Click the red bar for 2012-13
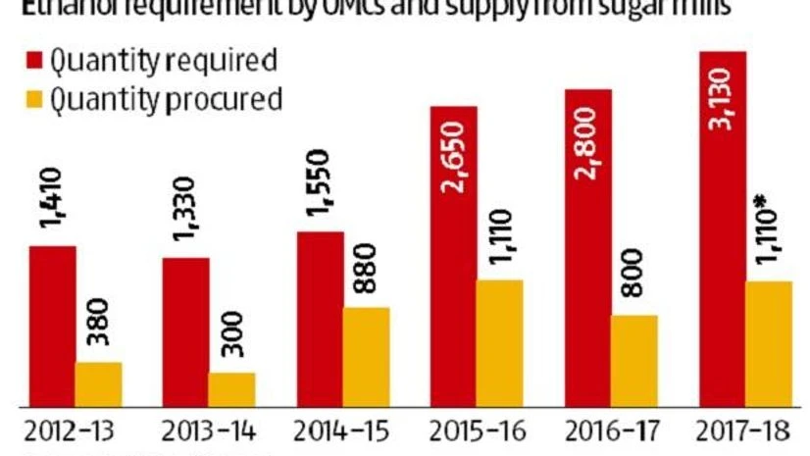click(53, 325)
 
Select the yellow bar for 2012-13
click(99, 383)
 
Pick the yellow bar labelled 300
click(231, 388)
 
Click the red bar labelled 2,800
click(587, 246)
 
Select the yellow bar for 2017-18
click(768, 343)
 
